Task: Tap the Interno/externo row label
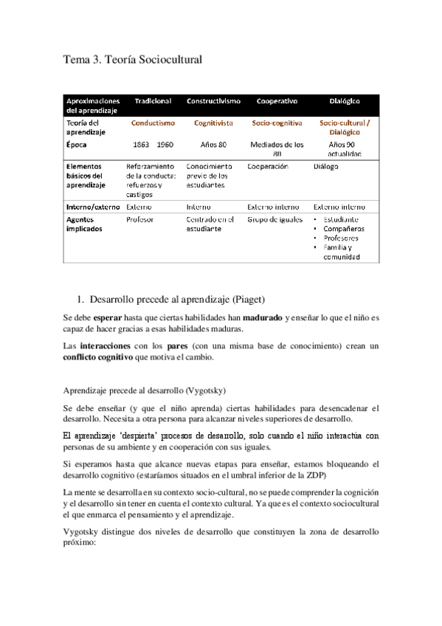[x=93, y=207]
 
